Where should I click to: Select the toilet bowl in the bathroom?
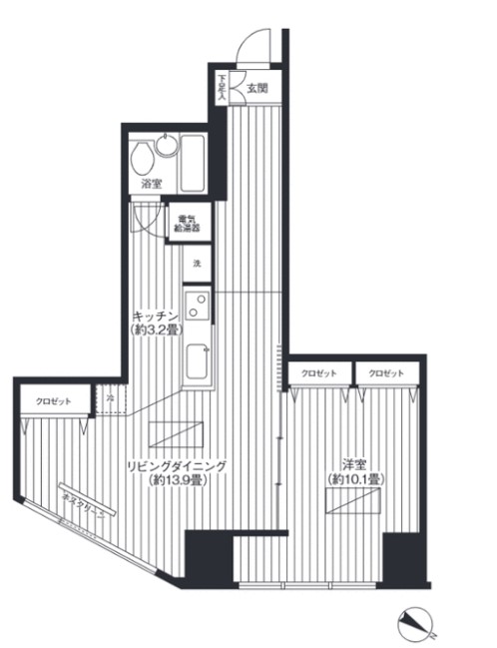click(143, 157)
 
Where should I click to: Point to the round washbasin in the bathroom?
click(166, 148)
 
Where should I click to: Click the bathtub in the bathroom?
click(192, 164)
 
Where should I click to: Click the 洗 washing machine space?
click(197, 263)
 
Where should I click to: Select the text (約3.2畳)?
click(157, 330)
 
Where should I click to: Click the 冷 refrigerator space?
click(110, 399)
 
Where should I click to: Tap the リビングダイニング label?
click(177, 465)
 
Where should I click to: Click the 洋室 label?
click(354, 464)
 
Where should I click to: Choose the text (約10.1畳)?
click(355, 480)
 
